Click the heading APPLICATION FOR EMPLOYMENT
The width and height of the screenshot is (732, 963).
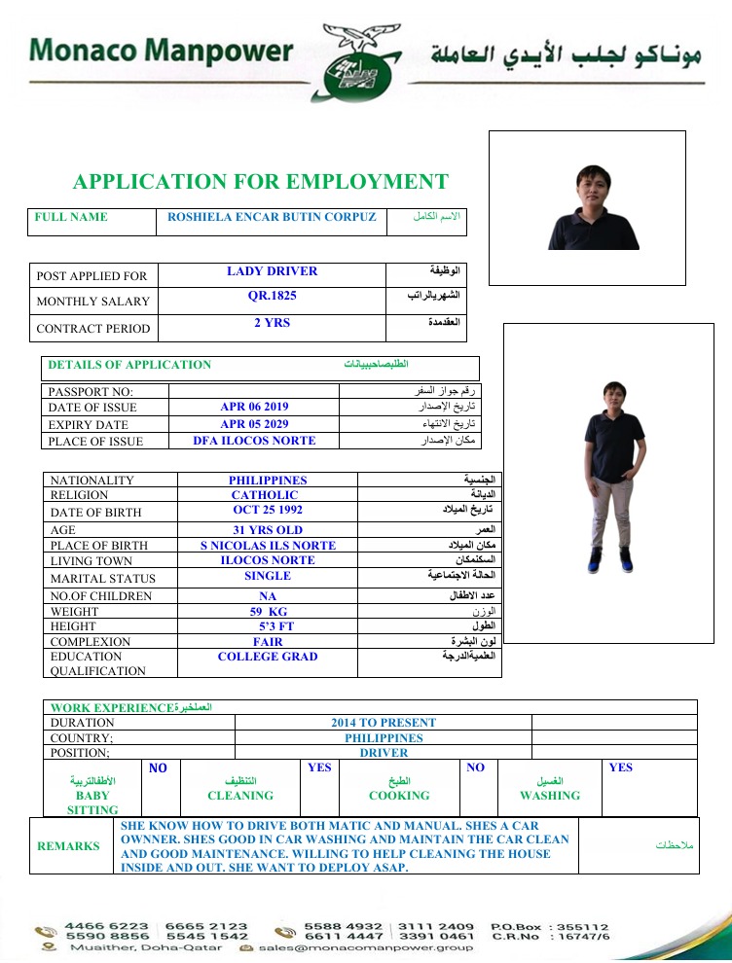[x=261, y=182]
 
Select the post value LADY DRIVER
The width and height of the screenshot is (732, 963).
[x=272, y=271]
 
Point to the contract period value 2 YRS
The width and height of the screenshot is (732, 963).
[x=272, y=323]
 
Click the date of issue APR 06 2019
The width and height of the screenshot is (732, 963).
[x=254, y=408]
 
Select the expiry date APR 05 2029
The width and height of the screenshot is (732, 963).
[x=254, y=424]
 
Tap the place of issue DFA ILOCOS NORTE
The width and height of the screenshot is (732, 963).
[x=254, y=441]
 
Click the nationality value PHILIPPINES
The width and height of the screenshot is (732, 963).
[x=268, y=481]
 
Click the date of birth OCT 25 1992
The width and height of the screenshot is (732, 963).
[x=268, y=510]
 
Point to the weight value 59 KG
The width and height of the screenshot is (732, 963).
[x=268, y=612]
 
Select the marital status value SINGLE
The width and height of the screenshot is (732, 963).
[x=268, y=576]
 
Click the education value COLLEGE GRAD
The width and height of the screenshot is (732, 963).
[x=268, y=657]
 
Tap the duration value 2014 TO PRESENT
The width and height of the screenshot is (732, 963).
[x=384, y=723]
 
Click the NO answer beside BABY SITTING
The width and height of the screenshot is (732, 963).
[x=159, y=768]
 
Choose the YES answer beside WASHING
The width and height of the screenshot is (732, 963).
[x=620, y=767]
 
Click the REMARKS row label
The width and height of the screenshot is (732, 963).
[x=68, y=846]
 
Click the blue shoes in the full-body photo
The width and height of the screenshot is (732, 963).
[x=610, y=561]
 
